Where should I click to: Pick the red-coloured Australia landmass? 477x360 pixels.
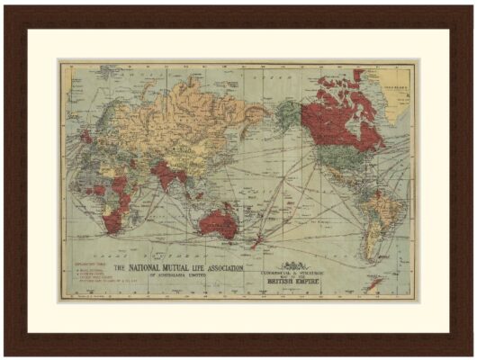point(219,221)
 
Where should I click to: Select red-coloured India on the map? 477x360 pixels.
point(166,173)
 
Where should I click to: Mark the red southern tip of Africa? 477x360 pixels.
point(114,221)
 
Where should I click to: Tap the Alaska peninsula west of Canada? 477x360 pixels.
point(286,112)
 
